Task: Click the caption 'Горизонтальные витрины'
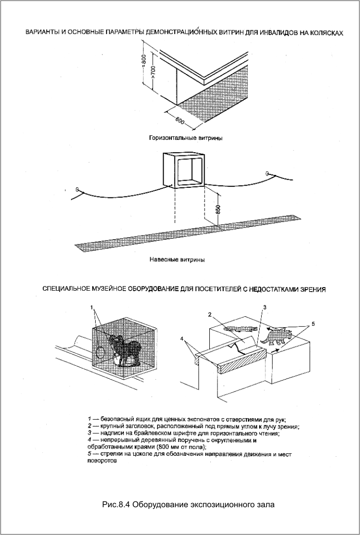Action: [x=182, y=138]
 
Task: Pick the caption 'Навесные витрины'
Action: [x=177, y=260]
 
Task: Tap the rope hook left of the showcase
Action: [x=77, y=190]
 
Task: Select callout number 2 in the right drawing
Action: [x=210, y=314]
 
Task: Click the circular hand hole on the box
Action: [x=99, y=352]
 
